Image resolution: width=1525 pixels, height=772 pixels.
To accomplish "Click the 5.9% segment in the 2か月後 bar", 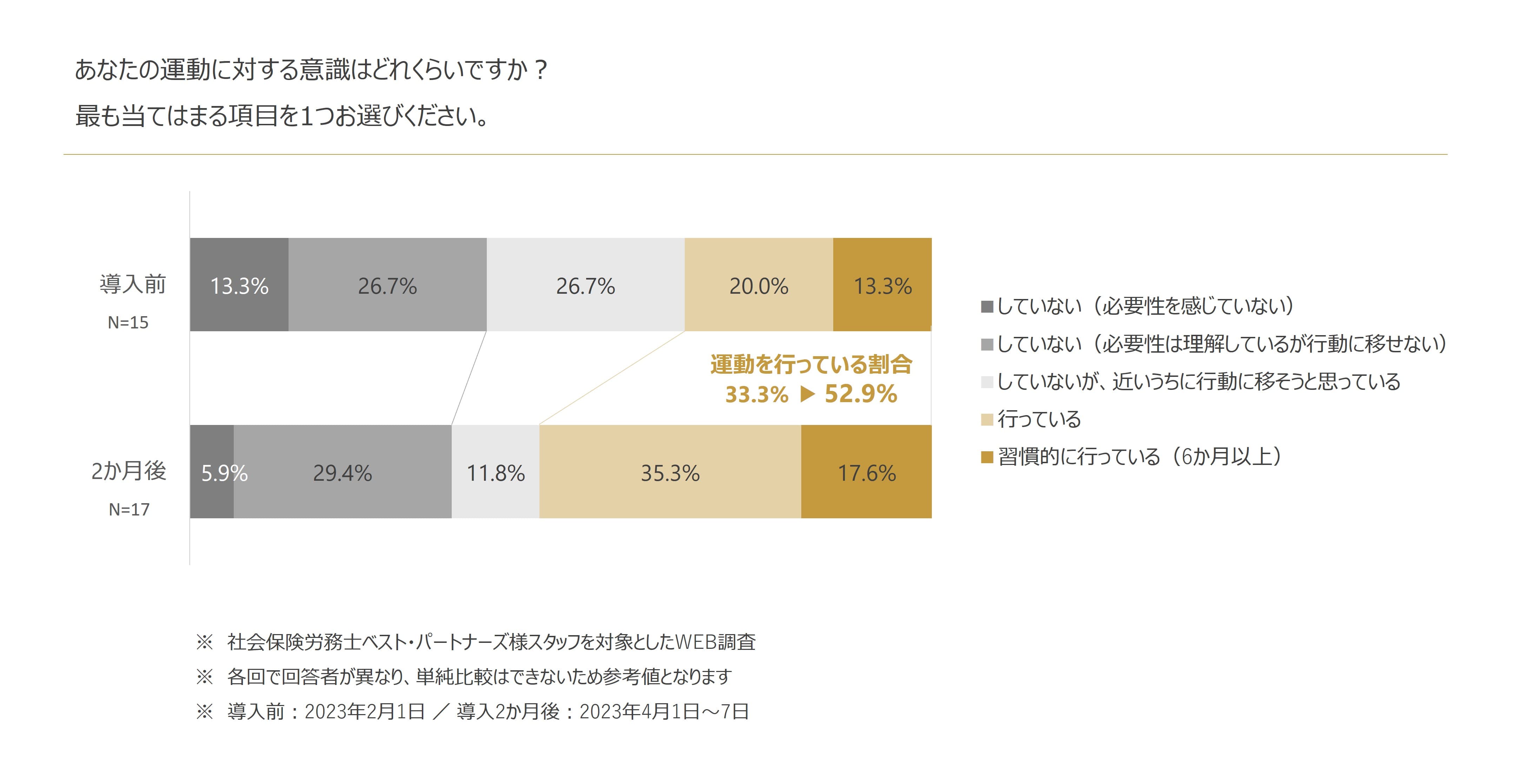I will coord(212,472).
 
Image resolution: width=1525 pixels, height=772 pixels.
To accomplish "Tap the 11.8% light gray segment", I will coord(496,472).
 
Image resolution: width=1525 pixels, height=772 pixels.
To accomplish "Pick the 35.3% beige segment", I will coord(670,472).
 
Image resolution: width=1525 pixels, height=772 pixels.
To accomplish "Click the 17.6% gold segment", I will coord(866,472).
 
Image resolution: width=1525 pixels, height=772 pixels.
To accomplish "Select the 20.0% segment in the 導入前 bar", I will coord(758,285).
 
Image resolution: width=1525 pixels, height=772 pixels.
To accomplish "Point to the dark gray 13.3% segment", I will coord(239,285).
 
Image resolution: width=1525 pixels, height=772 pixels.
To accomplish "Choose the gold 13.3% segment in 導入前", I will coord(882,285).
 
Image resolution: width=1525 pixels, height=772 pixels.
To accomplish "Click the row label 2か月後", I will coord(129,471).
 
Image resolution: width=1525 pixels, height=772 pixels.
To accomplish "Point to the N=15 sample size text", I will coord(128,322).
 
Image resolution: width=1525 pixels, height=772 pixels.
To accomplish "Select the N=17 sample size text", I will coord(129,509).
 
